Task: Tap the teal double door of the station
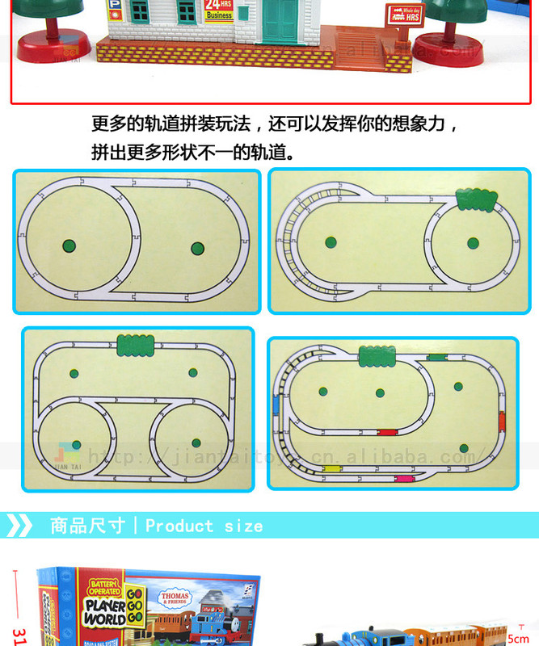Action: (x=280, y=21)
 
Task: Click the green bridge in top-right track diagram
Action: (x=477, y=199)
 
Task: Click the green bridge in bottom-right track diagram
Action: (x=377, y=355)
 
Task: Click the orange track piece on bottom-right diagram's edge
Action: (x=502, y=420)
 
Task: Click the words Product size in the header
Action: (x=204, y=526)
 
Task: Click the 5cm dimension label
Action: (x=518, y=638)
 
